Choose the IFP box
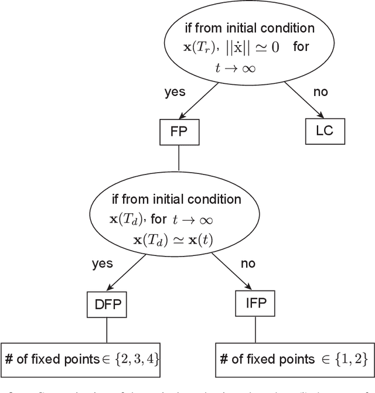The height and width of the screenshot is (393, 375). pyautogui.click(x=255, y=305)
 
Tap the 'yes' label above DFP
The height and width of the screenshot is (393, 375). pyautogui.click(x=102, y=264)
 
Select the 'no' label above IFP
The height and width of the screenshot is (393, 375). pyautogui.click(x=248, y=264)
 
